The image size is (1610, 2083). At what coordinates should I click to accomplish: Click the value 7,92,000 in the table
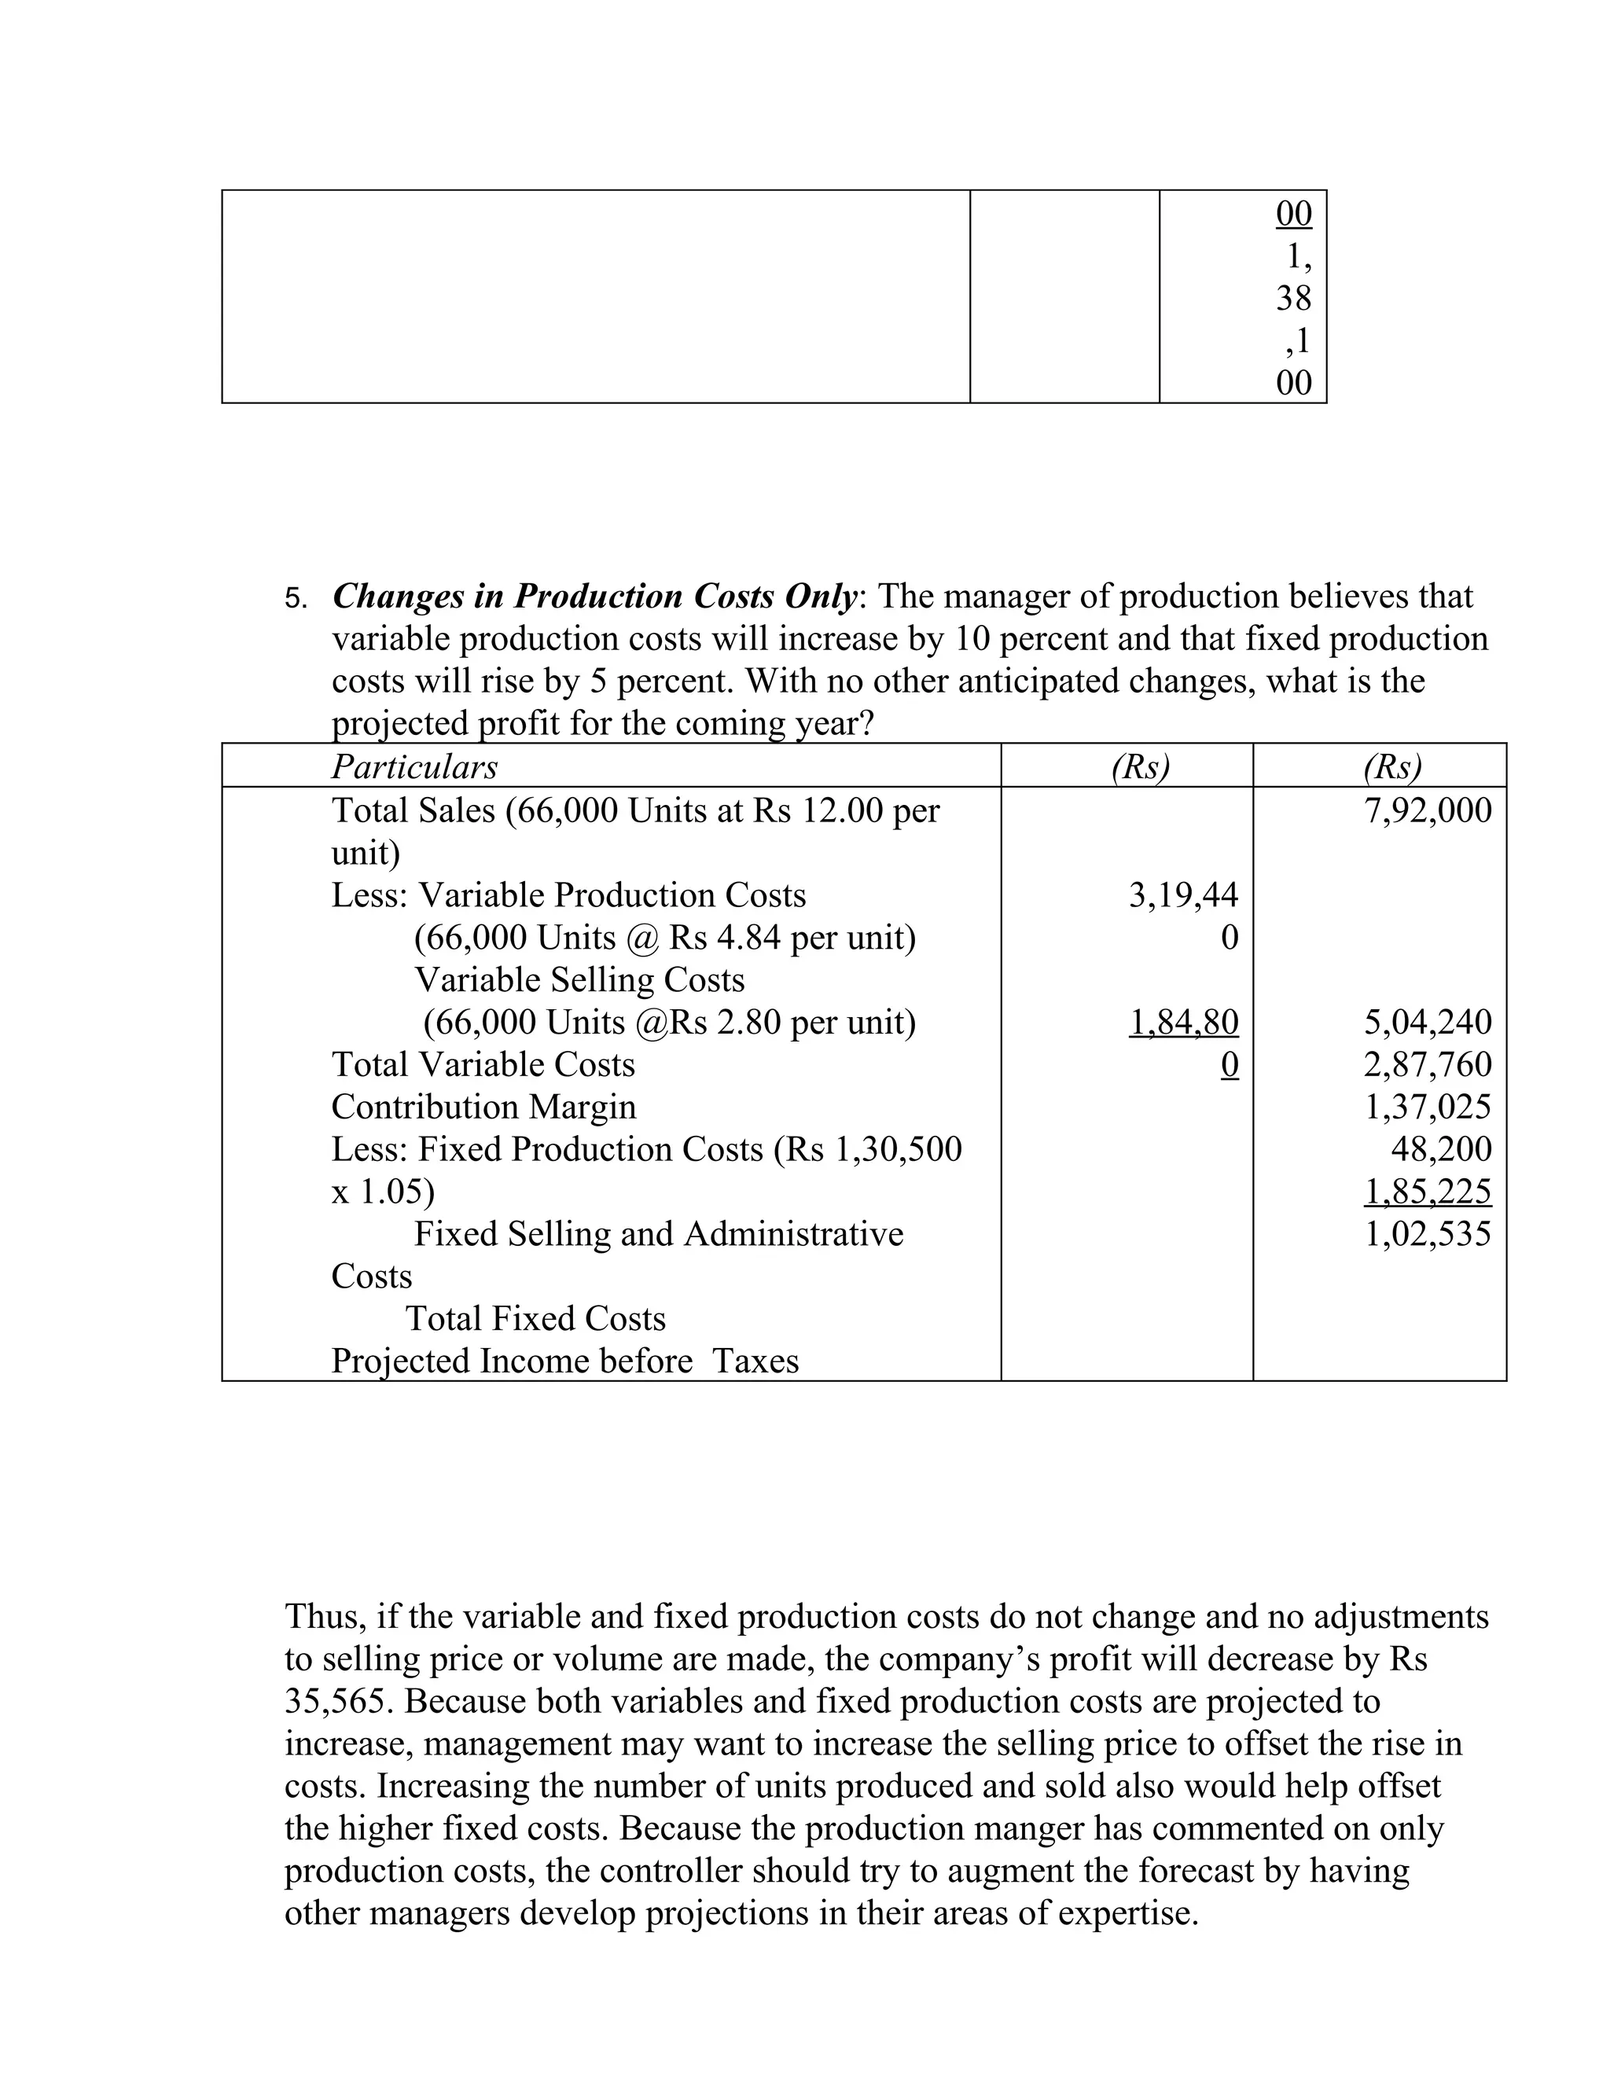click(x=1427, y=810)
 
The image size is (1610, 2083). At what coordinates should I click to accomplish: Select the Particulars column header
click(x=414, y=767)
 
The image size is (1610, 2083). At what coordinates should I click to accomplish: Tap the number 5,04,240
click(x=1427, y=1023)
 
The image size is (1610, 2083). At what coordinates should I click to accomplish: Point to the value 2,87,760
click(x=1427, y=1064)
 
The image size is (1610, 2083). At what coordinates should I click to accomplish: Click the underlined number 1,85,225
click(x=1427, y=1191)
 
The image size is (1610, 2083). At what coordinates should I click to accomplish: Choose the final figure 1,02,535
click(x=1427, y=1234)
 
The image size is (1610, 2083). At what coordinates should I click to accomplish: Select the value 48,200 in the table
click(x=1440, y=1149)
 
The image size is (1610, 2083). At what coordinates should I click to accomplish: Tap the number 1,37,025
click(x=1427, y=1108)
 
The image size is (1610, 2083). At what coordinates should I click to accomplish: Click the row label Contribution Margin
click(x=483, y=1108)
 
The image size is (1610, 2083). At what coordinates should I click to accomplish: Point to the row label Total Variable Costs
click(x=483, y=1064)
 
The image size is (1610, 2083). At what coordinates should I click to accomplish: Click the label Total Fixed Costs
click(x=535, y=1319)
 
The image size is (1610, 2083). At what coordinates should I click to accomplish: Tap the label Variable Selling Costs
click(x=579, y=979)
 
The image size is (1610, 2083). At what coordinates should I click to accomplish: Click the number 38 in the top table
click(x=1293, y=299)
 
